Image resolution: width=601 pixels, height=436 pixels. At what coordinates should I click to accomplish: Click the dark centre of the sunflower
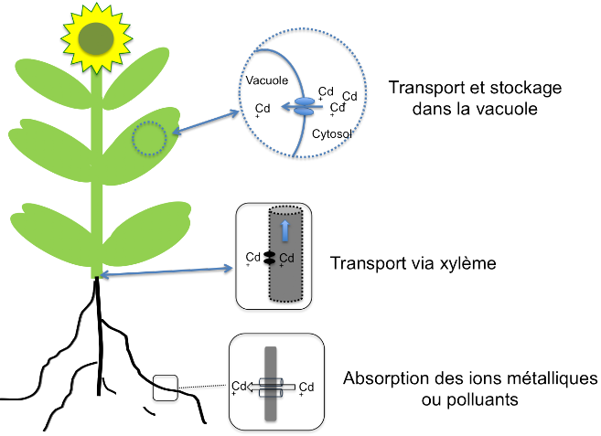pyautogui.click(x=96, y=38)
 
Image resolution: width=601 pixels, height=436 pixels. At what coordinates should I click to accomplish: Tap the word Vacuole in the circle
pyautogui.click(x=267, y=80)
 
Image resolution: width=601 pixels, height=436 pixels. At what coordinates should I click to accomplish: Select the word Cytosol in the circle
pyautogui.click(x=331, y=133)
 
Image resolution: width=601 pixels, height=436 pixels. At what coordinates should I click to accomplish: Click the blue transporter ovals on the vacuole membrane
pyautogui.click(x=304, y=107)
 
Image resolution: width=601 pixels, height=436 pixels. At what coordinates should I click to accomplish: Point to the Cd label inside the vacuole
pyautogui.click(x=263, y=109)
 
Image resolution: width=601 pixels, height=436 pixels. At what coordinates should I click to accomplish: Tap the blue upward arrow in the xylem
pyautogui.click(x=284, y=230)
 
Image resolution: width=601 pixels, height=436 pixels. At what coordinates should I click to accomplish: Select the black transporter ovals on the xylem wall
pyautogui.click(x=270, y=258)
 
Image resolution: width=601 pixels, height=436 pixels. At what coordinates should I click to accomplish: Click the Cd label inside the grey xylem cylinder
pyautogui.click(x=286, y=259)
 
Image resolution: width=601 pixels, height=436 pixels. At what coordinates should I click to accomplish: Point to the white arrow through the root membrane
pyautogui.click(x=271, y=387)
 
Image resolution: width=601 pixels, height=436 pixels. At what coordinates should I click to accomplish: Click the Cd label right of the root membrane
pyautogui.click(x=306, y=388)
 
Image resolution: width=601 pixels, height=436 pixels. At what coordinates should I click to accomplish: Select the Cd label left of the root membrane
pyautogui.click(x=239, y=387)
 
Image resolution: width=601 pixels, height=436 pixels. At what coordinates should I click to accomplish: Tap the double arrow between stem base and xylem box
pyautogui.click(x=166, y=271)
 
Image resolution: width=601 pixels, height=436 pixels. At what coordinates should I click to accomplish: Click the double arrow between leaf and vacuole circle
pyautogui.click(x=206, y=122)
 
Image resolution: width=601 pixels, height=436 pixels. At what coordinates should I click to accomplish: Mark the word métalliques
pyautogui.click(x=552, y=378)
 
